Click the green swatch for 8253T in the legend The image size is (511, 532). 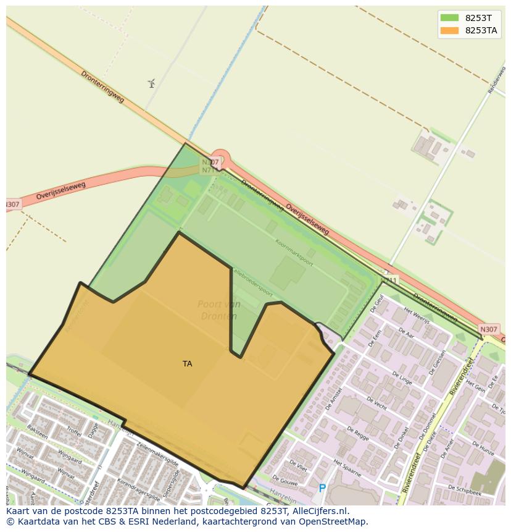(450, 18)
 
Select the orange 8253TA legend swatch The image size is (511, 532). (450, 30)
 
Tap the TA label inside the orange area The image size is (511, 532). (187, 364)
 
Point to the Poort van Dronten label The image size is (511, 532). (218, 310)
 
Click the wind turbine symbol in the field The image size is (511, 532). (151, 83)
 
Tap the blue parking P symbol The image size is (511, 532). (322, 488)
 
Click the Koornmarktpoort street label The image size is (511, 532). (294, 253)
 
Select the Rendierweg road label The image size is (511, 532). (496, 80)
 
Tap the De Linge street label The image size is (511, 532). (401, 377)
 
